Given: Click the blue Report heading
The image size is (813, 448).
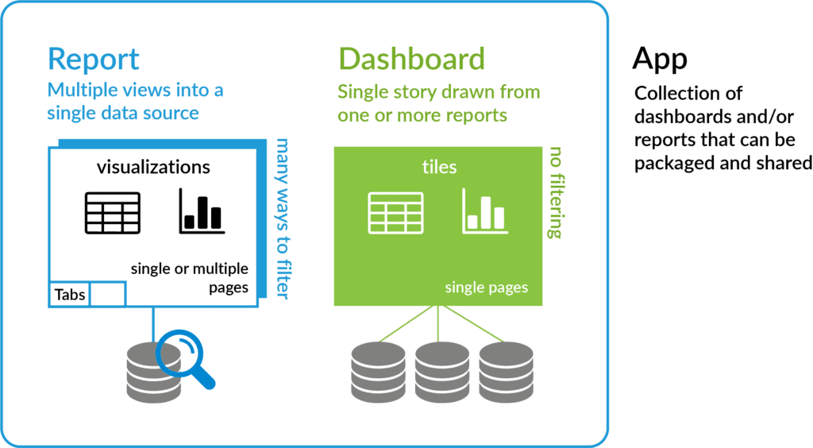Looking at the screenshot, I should point(94,60).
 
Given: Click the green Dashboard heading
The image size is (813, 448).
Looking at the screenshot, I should point(411,60).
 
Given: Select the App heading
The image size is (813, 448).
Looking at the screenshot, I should point(660,59).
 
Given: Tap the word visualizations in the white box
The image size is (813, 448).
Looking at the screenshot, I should point(153,167).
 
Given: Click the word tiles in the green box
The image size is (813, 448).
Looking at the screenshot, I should point(438,167).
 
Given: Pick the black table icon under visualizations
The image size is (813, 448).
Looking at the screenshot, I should point(112,212).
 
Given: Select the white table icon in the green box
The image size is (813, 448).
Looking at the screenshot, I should point(395,212).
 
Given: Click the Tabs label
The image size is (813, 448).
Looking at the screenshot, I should point(70,295).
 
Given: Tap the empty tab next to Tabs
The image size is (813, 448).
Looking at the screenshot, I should point(108,294).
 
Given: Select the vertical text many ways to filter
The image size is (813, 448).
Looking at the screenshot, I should point(281,219).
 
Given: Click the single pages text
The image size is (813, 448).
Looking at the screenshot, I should point(486,287).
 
